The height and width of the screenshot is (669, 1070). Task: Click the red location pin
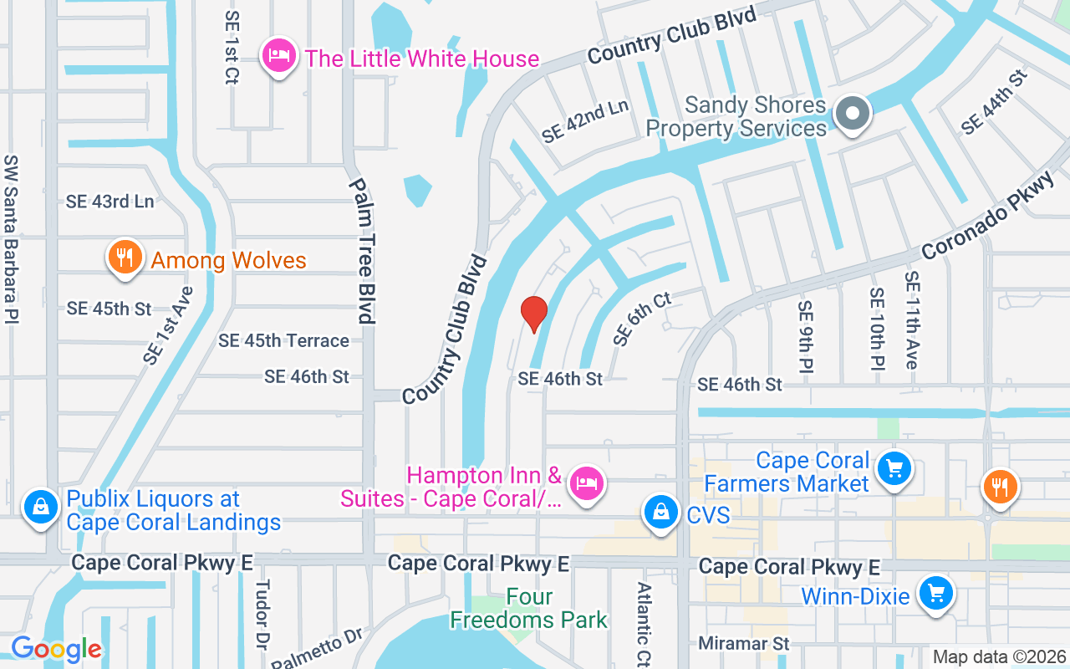pyautogui.click(x=533, y=314)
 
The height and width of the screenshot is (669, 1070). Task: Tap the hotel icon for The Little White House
pyautogui.click(x=279, y=56)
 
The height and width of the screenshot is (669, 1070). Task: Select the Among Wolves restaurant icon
pyautogui.click(x=125, y=258)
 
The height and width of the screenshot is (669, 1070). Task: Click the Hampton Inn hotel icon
pyautogui.click(x=586, y=483)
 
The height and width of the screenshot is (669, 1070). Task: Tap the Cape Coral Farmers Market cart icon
pyautogui.click(x=894, y=469)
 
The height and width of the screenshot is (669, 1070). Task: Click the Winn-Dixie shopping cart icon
pyautogui.click(x=935, y=593)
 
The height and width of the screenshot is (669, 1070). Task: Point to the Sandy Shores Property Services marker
pyautogui.click(x=853, y=113)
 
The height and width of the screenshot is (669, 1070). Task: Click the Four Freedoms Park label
pyautogui.click(x=529, y=609)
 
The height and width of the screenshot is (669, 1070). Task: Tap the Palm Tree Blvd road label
pyautogui.click(x=360, y=251)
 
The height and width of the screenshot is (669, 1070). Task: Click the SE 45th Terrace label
pyautogui.click(x=283, y=340)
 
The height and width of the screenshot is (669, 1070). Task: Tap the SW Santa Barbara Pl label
pyautogui.click(x=11, y=238)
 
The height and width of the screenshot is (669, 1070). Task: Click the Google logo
pyautogui.click(x=56, y=649)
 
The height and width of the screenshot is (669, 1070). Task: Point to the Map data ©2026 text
pyautogui.click(x=1000, y=657)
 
